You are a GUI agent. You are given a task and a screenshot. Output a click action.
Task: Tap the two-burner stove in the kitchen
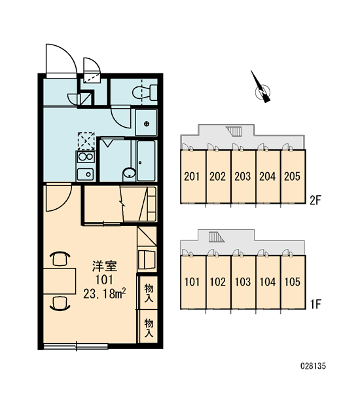pyautogui.click(x=86, y=157)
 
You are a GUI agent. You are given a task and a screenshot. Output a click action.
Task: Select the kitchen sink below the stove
pyautogui.click(x=86, y=174)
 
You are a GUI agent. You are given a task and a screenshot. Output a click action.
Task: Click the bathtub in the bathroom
pyautogui.click(x=147, y=160)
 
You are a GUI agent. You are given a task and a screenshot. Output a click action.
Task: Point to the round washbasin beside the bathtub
pyautogui.click(x=129, y=173)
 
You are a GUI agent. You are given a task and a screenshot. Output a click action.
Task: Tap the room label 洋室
pyautogui.click(x=105, y=266)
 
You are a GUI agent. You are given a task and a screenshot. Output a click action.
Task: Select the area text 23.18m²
pyautogui.click(x=105, y=293)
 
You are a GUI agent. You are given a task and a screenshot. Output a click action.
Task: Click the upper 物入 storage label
pyautogui.click(x=149, y=293)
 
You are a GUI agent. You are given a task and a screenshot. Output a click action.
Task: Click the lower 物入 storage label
pyautogui.click(x=149, y=328)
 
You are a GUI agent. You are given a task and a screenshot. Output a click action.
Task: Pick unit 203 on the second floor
pyautogui.click(x=242, y=176)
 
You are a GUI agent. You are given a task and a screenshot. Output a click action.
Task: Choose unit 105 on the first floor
pyautogui.click(x=293, y=282)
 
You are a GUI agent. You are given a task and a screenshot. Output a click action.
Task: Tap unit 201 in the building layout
pyautogui.click(x=192, y=176)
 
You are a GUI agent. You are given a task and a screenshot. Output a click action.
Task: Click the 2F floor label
pyautogui.click(x=315, y=200)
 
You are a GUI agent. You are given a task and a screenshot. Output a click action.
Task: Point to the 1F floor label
pyautogui.click(x=315, y=305)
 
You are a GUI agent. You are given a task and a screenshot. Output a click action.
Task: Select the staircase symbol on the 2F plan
pyautogui.click(x=234, y=132)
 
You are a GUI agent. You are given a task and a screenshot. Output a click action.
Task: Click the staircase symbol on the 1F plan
pyautogui.click(x=217, y=237)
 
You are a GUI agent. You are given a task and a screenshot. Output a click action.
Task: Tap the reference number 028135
pyautogui.click(x=313, y=366)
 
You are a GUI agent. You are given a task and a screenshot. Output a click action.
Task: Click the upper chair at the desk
pyautogui.click(x=60, y=259)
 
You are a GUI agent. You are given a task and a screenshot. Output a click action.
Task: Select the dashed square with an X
pyautogui.click(x=86, y=141)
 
